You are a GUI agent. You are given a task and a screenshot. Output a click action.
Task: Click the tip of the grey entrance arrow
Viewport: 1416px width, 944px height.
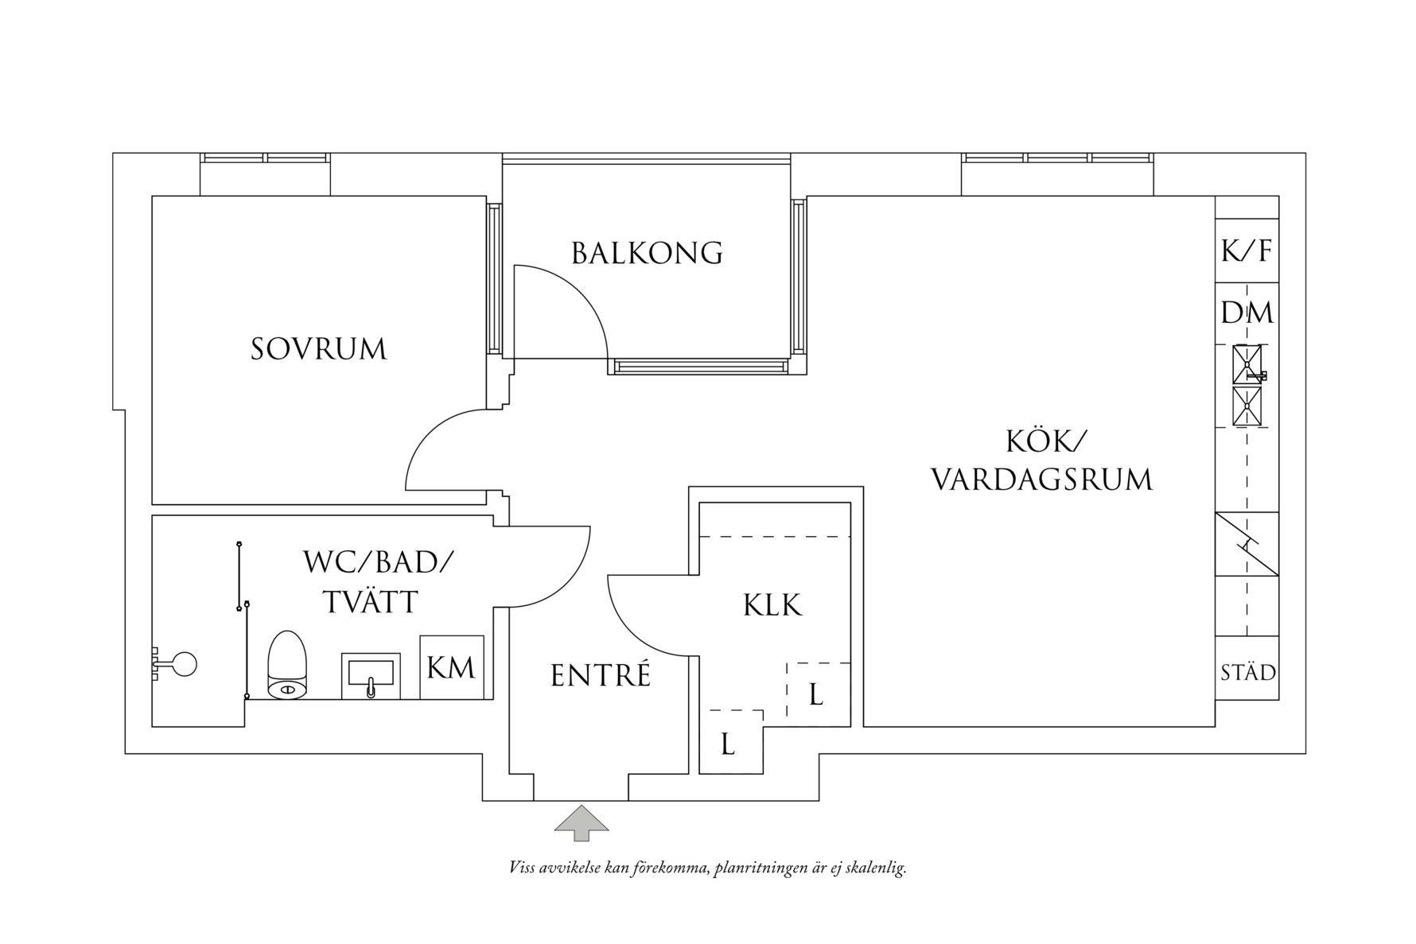click(x=582, y=806)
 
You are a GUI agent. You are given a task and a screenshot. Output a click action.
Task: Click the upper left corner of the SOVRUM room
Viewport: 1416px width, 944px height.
click(x=152, y=196)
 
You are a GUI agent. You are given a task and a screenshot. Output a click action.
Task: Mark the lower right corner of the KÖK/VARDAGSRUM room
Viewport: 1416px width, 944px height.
click(x=1215, y=726)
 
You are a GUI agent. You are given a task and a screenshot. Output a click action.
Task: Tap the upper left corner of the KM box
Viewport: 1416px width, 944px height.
click(x=420, y=635)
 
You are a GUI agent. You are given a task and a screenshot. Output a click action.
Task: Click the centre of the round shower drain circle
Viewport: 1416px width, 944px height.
click(x=185, y=664)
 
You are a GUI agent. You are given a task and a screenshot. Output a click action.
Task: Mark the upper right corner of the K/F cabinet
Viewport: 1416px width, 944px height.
click(x=1278, y=219)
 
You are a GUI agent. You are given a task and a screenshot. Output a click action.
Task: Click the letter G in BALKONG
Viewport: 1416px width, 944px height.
click(x=711, y=253)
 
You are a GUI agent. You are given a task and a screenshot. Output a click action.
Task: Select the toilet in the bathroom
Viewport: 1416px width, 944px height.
click(x=287, y=665)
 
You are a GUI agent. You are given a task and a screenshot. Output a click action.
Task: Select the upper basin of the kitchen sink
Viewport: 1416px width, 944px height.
click(x=1247, y=364)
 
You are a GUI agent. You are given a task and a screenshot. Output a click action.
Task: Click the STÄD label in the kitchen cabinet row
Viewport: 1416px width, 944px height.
click(x=1248, y=673)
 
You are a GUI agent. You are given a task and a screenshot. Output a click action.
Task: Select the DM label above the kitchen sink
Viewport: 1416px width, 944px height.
click(x=1247, y=313)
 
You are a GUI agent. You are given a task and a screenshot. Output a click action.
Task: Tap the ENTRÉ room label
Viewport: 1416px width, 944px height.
click(x=601, y=676)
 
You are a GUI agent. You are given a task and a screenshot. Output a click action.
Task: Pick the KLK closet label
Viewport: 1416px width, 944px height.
click(x=772, y=605)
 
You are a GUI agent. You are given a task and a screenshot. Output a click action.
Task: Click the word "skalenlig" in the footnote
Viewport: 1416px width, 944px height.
click(x=878, y=868)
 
